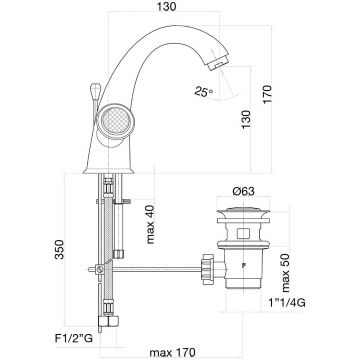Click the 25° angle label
tap(204, 91)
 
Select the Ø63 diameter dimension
tap(244, 192)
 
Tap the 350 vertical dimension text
tap(60, 249)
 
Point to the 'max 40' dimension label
tap(151, 224)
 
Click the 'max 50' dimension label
tap(286, 272)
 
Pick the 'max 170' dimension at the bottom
tap(172, 352)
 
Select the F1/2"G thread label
tap(73, 339)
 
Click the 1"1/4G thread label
tap(287, 303)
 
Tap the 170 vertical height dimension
tap(268, 95)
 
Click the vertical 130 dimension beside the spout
tap(246, 119)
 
